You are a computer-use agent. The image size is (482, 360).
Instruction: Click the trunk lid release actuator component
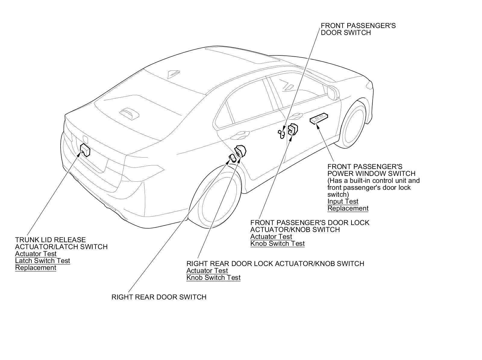click(x=86, y=150)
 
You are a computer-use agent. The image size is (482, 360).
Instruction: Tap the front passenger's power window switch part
click(x=319, y=118)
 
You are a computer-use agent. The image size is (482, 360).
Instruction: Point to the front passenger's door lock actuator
click(x=292, y=130)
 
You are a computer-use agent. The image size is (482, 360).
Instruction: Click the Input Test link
click(x=343, y=201)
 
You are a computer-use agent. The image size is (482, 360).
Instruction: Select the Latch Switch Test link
click(x=42, y=261)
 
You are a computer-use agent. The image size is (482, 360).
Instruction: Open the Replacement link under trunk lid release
click(x=36, y=268)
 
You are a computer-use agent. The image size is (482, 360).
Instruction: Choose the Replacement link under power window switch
click(x=348, y=208)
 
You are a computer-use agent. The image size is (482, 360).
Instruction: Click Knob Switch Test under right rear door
click(x=213, y=277)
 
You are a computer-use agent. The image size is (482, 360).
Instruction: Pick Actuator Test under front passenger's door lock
click(x=271, y=236)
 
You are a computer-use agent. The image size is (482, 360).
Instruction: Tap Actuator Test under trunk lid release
click(x=36, y=254)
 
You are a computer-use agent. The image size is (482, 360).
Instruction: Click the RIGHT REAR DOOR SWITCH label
click(x=159, y=297)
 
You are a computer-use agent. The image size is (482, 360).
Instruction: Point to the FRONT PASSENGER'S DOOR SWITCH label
click(x=358, y=29)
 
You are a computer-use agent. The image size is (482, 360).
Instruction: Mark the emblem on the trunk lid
click(x=85, y=139)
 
